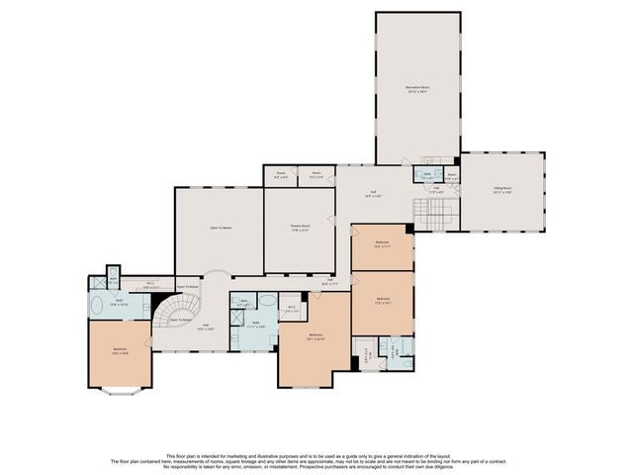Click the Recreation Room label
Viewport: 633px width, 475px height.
pyautogui.click(x=416, y=89)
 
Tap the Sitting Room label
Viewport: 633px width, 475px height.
pyautogui.click(x=502, y=191)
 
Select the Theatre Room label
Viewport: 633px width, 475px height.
pyautogui.click(x=301, y=229)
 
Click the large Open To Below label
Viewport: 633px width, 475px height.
pyautogui.click(x=220, y=228)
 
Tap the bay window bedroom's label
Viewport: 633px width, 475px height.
pyautogui.click(x=120, y=350)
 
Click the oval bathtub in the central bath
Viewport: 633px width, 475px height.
pyautogui.click(x=267, y=305)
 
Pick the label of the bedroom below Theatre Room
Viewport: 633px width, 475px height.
pyautogui.click(x=316, y=336)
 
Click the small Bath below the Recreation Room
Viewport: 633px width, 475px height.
pyautogui.click(x=428, y=176)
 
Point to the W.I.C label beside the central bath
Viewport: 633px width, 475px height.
pyautogui.click(x=292, y=308)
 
